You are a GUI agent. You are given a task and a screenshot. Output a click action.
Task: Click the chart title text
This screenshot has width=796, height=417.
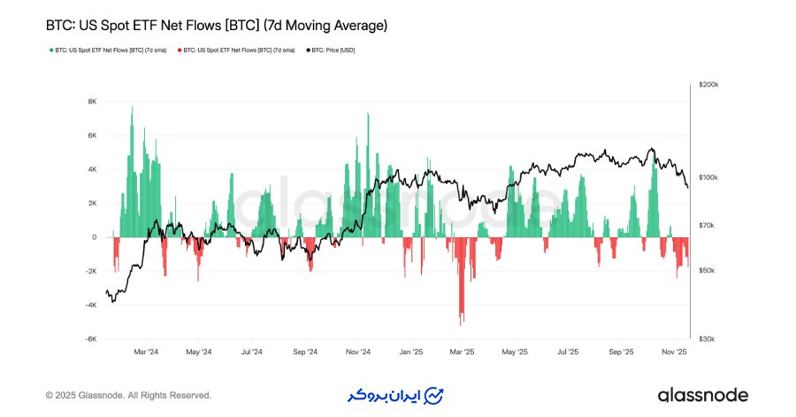(216, 27)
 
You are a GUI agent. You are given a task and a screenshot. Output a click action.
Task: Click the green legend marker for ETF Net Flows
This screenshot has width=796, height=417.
(50, 50)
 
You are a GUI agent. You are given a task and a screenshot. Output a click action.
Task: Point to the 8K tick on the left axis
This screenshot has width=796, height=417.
(92, 101)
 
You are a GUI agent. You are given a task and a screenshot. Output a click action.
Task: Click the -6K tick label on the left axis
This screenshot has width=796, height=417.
(90, 339)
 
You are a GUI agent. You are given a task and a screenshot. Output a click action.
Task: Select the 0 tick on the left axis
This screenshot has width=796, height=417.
(94, 237)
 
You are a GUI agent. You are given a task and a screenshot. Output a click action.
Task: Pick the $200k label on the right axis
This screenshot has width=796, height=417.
(708, 84)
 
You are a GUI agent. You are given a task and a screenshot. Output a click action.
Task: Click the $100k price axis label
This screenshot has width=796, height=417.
(708, 178)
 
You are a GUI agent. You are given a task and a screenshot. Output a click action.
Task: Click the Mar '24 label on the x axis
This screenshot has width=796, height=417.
(145, 351)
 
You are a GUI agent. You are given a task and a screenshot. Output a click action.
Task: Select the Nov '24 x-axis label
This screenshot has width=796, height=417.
(356, 351)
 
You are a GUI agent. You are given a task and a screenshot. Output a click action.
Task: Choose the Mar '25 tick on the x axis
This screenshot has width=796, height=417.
(462, 351)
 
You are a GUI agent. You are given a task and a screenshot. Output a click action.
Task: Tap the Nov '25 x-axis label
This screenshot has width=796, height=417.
(674, 351)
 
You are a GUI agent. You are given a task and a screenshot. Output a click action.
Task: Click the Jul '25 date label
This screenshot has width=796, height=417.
(568, 351)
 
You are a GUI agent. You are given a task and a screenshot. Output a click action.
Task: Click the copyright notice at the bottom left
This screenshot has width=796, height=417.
(128, 395)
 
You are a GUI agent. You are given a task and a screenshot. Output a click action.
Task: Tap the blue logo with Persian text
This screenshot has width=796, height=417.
(394, 395)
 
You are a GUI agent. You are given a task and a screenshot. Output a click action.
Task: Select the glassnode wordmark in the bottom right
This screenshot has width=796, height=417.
(703, 395)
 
